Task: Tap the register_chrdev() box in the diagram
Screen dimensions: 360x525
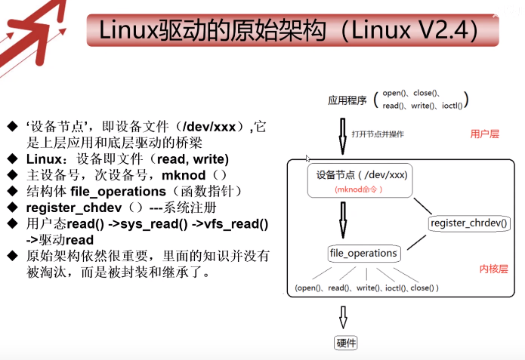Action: coord(469,223)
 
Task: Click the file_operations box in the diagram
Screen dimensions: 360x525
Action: coord(363,253)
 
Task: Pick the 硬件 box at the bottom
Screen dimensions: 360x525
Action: coord(346,343)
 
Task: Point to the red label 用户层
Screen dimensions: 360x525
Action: coord(485,134)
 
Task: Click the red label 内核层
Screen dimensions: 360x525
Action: coord(493,269)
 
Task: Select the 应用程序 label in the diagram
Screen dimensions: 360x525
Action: coord(345,100)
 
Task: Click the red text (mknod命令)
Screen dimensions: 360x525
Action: coord(357,190)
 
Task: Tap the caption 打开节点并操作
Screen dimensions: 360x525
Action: coord(377,134)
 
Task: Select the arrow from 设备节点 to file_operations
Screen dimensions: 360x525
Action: coord(342,220)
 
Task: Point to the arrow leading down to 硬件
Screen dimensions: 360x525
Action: coord(344,315)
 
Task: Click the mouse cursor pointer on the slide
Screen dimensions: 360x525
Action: coord(307,158)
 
